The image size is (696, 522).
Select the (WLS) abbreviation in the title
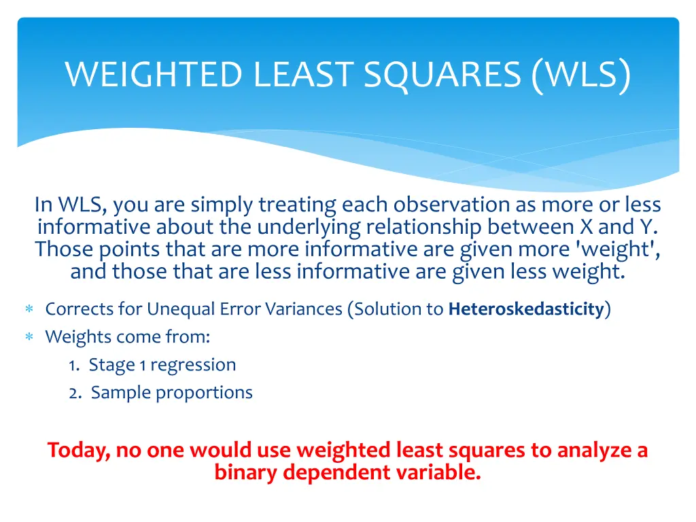pos(581,75)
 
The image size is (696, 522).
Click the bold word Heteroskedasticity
pos(526,309)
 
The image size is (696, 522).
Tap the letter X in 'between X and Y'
pos(587,227)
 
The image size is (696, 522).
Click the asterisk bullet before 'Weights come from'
pos(29,338)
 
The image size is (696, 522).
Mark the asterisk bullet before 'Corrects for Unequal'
pos(29,310)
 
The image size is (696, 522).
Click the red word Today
pos(78,451)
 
